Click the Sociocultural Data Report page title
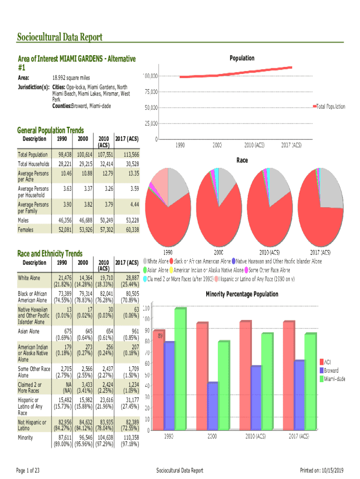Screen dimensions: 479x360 [59, 37]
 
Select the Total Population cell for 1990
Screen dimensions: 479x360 [65, 154]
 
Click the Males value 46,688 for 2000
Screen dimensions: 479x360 [83, 220]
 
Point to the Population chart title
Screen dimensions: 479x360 [242, 58]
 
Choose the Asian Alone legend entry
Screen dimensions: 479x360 [157, 270]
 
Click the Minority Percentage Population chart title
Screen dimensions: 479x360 [242, 294]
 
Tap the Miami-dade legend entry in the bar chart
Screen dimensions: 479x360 [335, 378]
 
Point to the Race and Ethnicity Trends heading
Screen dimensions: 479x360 [50, 253]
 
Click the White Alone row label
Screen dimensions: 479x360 [29, 278]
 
